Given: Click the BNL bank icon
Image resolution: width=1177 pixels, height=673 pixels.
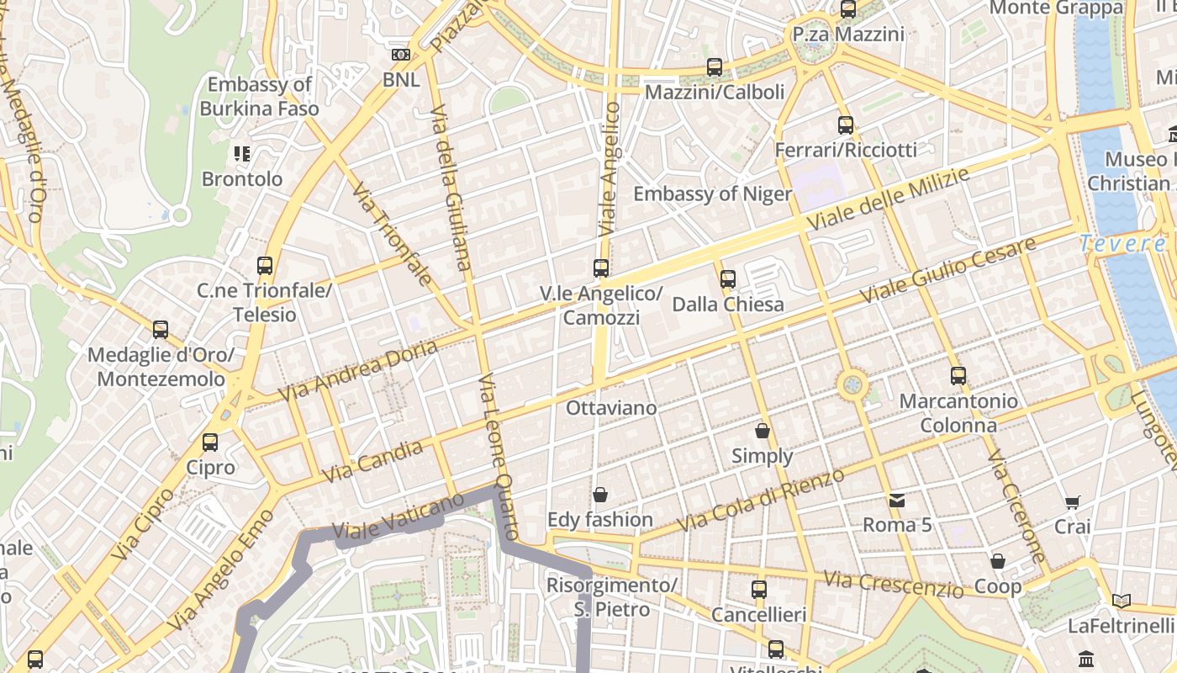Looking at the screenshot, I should point(401,55).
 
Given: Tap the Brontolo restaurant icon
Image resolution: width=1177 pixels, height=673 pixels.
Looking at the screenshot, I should point(242,154).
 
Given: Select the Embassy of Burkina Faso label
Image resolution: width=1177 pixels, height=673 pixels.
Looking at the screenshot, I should point(260,97).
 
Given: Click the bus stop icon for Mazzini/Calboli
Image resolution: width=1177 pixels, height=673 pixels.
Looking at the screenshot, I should point(715,66).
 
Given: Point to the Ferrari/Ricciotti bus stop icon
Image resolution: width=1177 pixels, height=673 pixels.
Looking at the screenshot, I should point(846,125).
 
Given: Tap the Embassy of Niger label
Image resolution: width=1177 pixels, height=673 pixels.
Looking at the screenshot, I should point(712,194).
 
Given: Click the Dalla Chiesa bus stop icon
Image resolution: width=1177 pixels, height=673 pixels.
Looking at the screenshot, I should point(728,278).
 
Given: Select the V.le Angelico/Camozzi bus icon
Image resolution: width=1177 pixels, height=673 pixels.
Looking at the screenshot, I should point(601,268).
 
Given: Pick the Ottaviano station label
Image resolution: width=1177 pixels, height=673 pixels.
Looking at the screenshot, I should point(611,408).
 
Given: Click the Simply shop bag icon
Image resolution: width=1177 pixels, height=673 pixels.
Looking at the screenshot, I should point(763,431).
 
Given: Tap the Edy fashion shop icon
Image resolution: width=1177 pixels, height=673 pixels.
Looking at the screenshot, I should point(600,495).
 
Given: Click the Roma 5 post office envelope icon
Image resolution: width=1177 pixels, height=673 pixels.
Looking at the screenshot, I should point(897,501).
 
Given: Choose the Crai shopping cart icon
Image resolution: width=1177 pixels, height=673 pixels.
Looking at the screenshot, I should point(1072,502).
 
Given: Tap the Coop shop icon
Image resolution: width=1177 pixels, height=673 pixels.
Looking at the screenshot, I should point(998,561).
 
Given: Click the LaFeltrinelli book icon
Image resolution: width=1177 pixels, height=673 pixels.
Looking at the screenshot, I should point(1121,601).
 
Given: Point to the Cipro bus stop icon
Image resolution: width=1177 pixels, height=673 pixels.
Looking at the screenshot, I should point(210,442).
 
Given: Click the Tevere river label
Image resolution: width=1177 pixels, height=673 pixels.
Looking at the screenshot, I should point(1122,244).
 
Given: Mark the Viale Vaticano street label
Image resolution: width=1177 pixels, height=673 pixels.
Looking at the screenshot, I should point(398,516).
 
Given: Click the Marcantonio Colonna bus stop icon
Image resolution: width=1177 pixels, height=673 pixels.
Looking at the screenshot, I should point(958,376).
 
